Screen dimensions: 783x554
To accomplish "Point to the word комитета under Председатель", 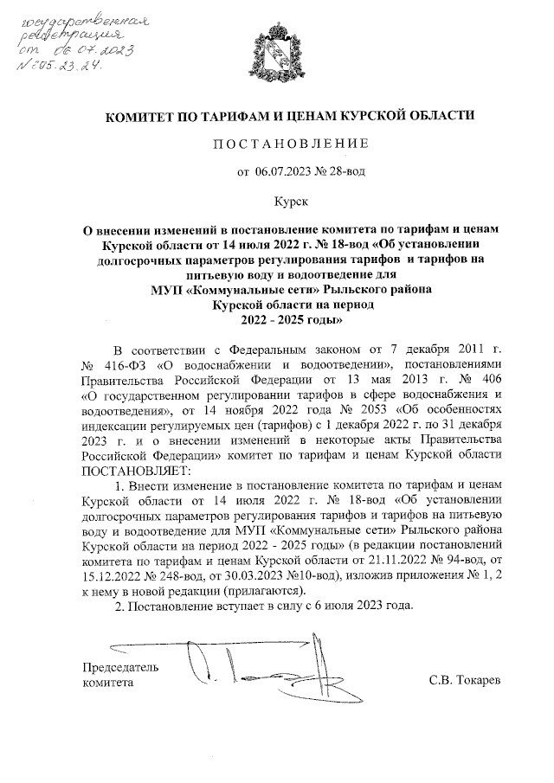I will tap(108, 683).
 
